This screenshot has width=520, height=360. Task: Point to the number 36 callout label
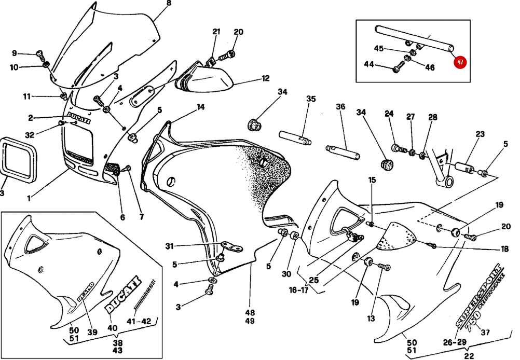(x=340, y=107)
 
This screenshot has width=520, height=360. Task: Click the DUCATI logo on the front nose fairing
(x=78, y=118)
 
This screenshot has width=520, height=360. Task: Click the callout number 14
(x=200, y=107)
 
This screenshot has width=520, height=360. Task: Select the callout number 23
(x=480, y=134)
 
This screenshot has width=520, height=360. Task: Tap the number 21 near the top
(x=216, y=32)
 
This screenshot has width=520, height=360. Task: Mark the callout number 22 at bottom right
(x=469, y=355)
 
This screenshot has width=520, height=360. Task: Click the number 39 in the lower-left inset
(x=92, y=332)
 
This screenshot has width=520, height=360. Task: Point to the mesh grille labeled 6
(x=113, y=169)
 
